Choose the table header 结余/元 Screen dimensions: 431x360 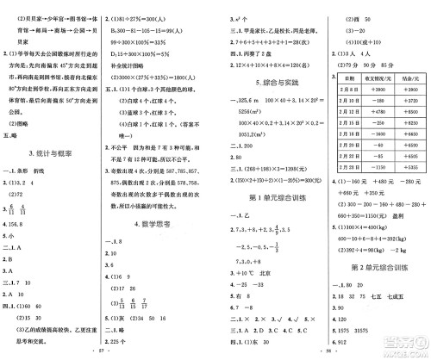pos(409,79)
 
